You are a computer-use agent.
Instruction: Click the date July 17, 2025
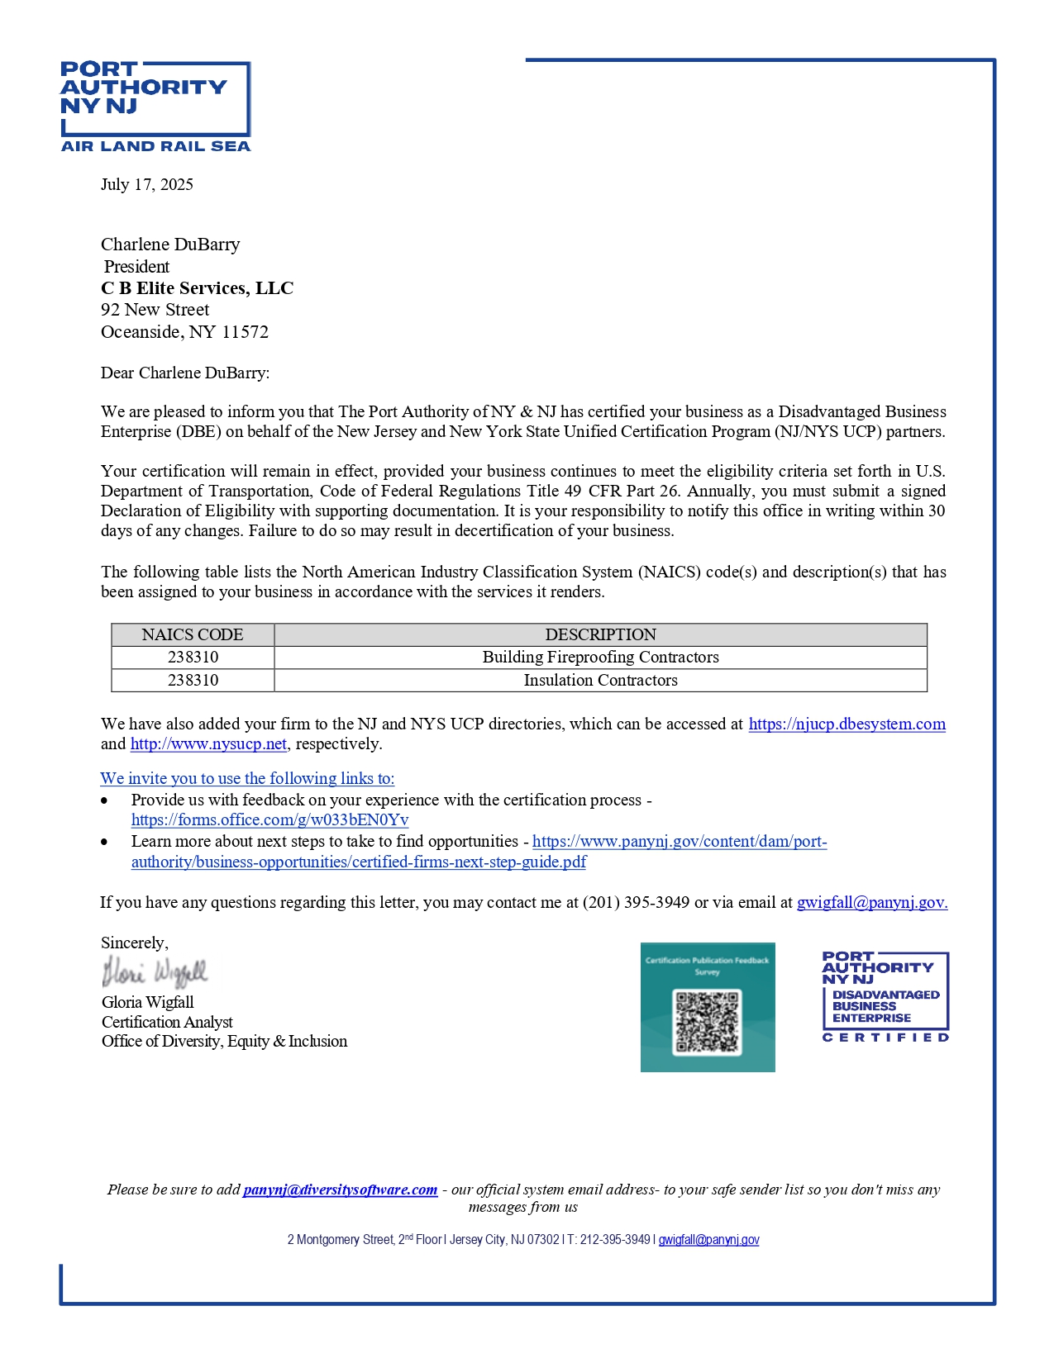point(147,184)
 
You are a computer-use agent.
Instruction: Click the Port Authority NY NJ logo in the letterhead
point(155,106)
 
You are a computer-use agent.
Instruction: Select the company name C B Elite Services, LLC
point(197,288)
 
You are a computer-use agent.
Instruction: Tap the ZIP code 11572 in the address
point(246,332)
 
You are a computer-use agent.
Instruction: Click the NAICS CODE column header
point(193,634)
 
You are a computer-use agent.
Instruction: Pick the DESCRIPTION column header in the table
point(600,634)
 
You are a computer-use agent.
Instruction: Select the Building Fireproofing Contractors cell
point(600,658)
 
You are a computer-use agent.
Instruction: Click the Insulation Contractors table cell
point(600,680)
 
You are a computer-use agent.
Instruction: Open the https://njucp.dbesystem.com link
point(847,724)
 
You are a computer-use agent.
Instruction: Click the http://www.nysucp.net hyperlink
point(208,744)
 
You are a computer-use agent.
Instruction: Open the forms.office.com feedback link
point(269,820)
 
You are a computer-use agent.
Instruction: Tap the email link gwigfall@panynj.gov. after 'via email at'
point(871,903)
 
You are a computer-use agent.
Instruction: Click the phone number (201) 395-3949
point(636,903)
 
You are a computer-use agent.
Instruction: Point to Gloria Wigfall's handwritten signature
point(155,972)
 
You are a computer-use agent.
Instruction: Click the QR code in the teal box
point(707,1022)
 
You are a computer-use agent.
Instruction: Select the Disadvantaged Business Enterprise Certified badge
point(885,996)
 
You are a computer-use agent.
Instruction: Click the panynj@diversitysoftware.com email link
point(340,1190)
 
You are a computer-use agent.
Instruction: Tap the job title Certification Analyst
point(167,1023)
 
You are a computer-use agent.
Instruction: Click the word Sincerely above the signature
point(134,943)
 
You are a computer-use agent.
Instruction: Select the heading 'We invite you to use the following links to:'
point(247,779)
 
